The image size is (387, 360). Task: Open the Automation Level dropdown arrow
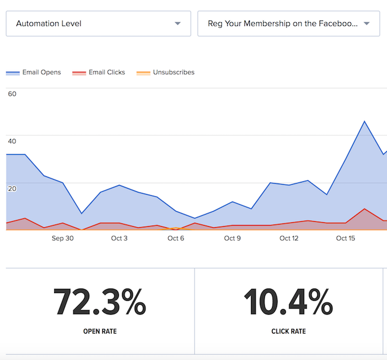tap(177, 23)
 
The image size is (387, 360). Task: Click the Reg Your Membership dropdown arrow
tap(367, 23)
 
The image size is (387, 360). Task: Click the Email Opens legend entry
tap(33, 72)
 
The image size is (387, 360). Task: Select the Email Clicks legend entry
tap(98, 72)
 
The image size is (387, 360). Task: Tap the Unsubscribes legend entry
tap(165, 72)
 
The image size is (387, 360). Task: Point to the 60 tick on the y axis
tap(12, 94)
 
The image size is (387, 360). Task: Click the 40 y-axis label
tap(12, 141)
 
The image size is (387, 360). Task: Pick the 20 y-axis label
tap(12, 189)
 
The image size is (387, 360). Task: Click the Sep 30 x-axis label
tap(62, 238)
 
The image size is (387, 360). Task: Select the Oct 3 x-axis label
tap(119, 238)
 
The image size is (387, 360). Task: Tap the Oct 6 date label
tap(176, 238)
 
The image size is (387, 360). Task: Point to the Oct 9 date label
tap(232, 238)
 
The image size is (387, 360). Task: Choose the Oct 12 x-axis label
tap(289, 238)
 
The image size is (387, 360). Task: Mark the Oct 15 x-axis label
tap(346, 238)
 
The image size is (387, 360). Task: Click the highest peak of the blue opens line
tap(364, 121)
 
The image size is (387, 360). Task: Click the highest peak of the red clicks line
tap(364, 209)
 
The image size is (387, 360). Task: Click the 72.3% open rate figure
tap(100, 302)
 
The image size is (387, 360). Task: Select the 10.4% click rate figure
tap(289, 302)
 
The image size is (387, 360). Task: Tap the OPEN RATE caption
tap(100, 331)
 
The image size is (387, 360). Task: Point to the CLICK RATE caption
tap(289, 331)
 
